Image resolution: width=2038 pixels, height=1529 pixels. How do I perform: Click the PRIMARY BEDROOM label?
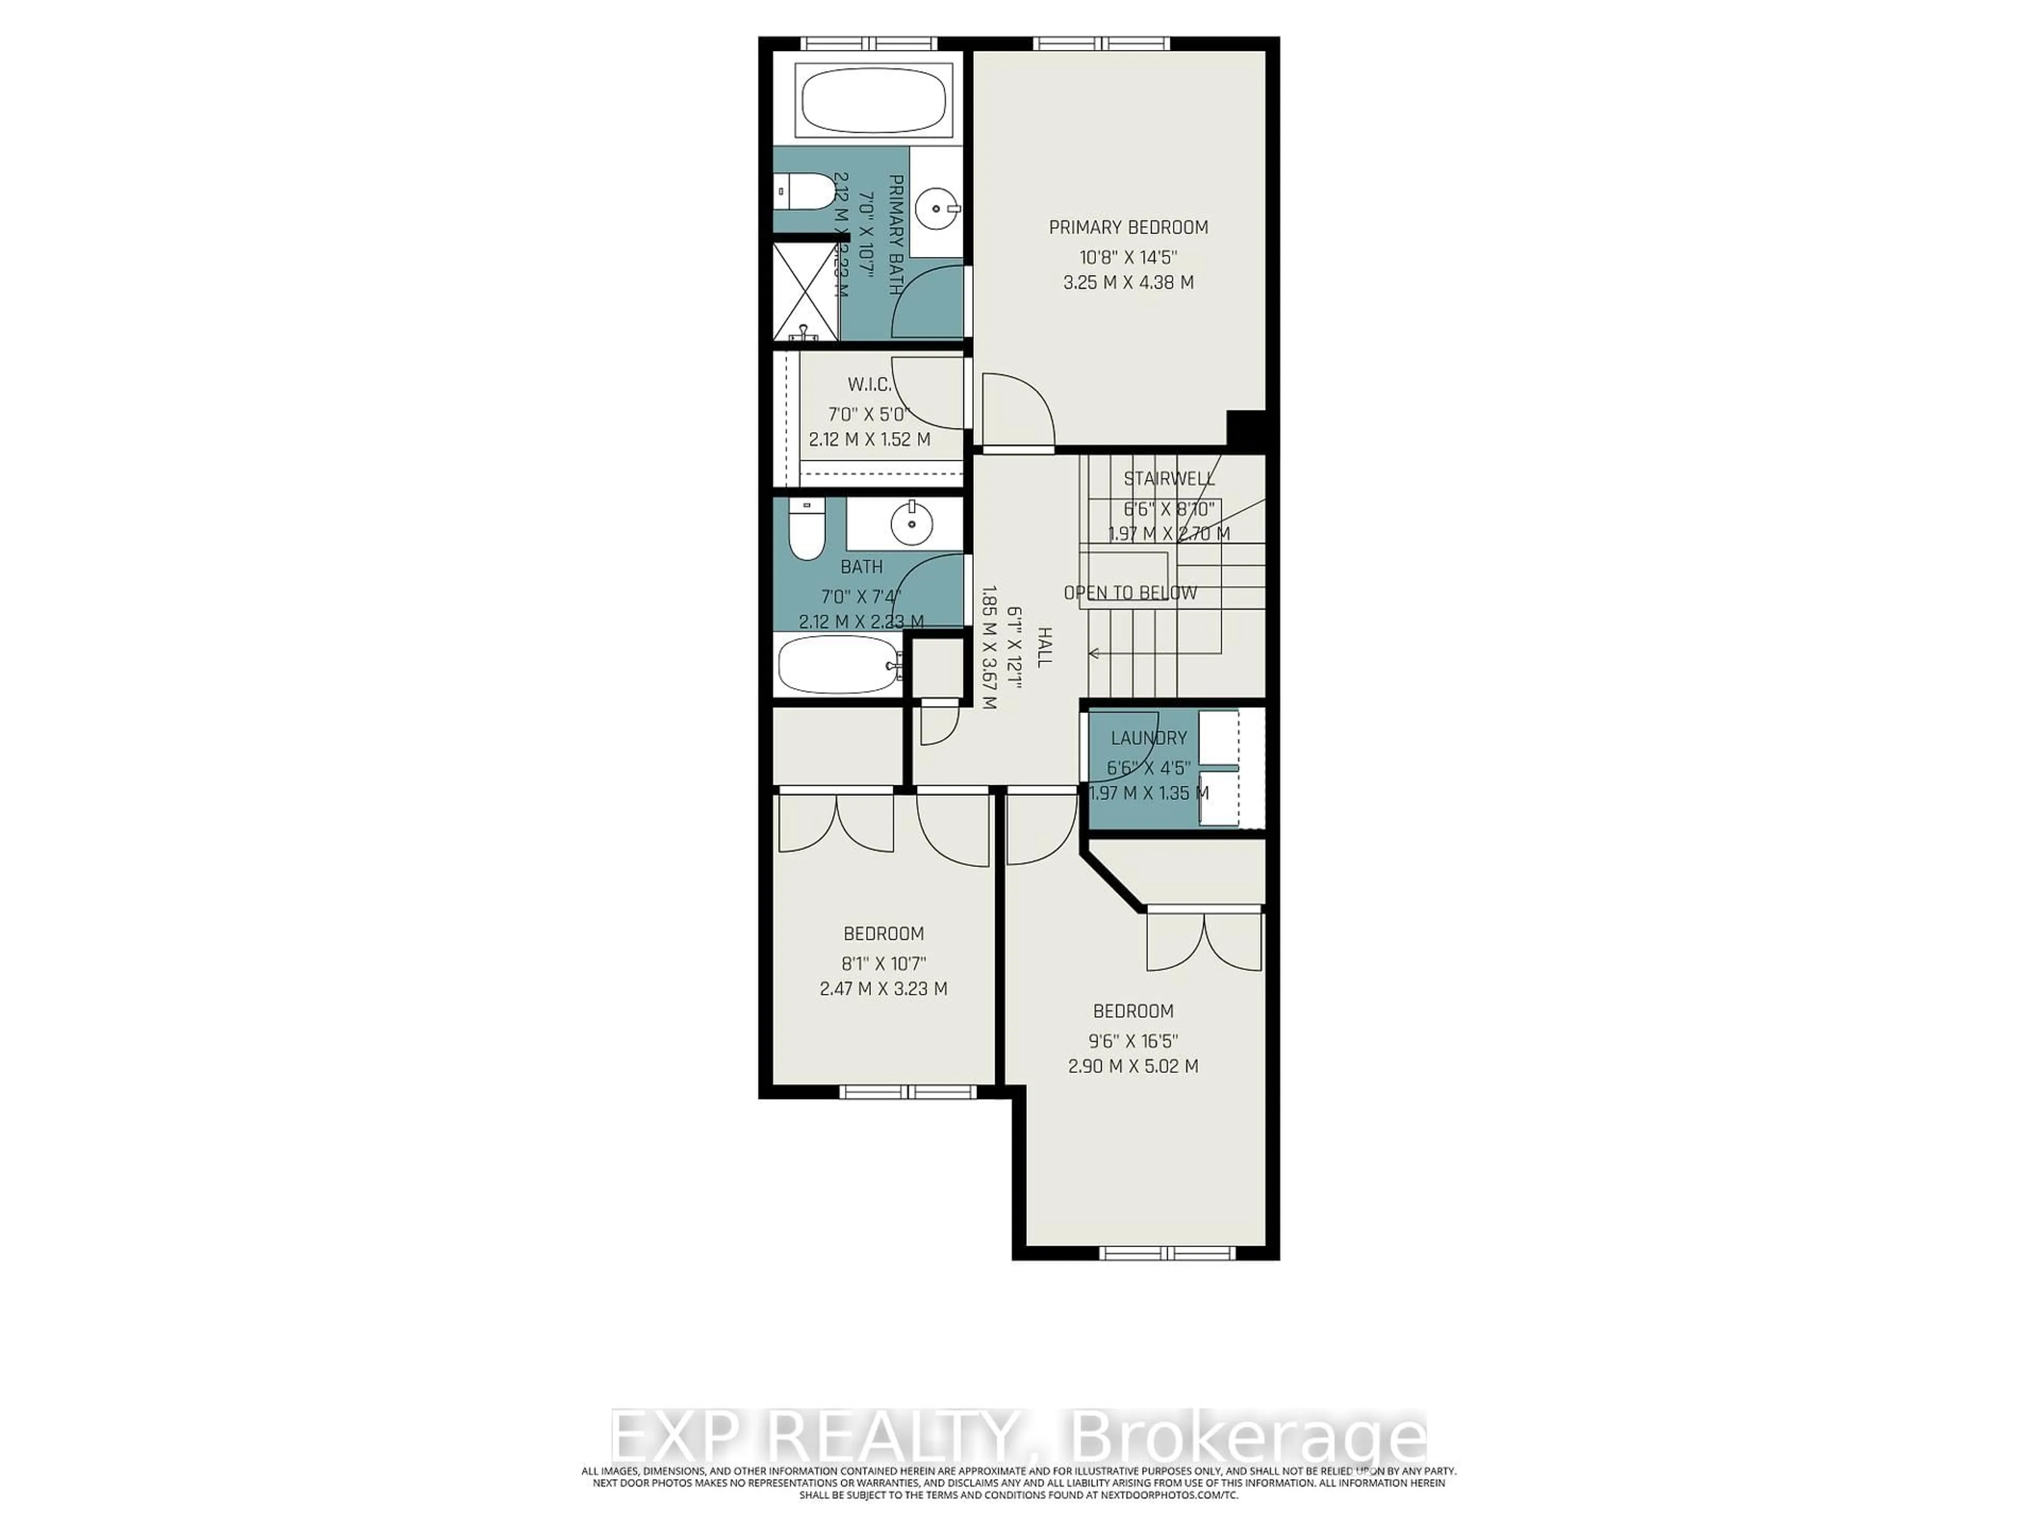click(x=1129, y=227)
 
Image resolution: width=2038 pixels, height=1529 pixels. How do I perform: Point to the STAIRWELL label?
click(x=1168, y=478)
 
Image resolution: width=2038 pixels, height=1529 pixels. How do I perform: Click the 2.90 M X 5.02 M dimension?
click(x=1133, y=1067)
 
